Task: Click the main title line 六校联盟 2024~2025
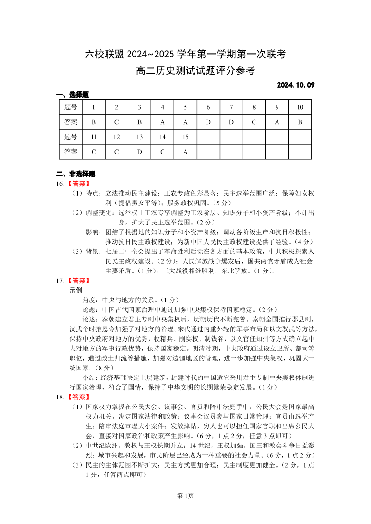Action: pyautogui.click(x=185, y=55)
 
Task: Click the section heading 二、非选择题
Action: pyautogui.click(x=76, y=174)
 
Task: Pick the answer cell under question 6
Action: pyautogui.click(x=208, y=122)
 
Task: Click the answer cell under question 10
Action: pyautogui.click(x=300, y=122)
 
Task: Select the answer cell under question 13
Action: pyautogui.click(x=139, y=152)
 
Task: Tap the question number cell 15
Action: pyautogui.click(x=185, y=137)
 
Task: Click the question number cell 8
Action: pyautogui.click(x=254, y=107)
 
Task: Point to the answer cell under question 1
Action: pyautogui.click(x=93, y=122)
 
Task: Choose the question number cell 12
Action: pyautogui.click(x=116, y=137)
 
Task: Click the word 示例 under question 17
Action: pyautogui.click(x=76, y=290)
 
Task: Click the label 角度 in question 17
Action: pyautogui.click(x=89, y=300)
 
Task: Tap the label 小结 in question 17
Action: pyautogui.click(x=89, y=377)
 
